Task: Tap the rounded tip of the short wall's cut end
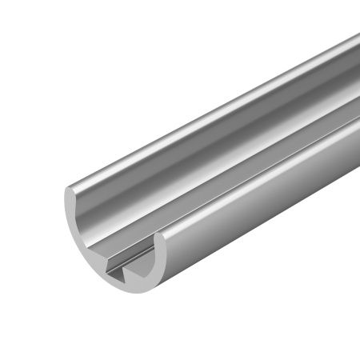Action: point(159,238)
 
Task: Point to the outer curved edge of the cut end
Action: point(76,248)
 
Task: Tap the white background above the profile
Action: point(120,64)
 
